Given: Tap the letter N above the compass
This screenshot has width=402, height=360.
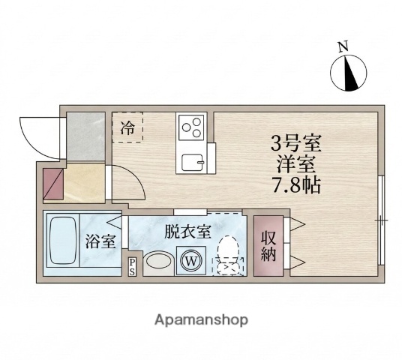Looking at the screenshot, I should (343, 46).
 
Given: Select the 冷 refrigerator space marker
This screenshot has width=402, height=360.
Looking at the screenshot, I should (127, 127).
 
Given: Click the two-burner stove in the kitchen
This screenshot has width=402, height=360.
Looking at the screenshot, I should (190, 125).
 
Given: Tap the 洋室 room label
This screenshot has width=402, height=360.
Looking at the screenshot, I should (296, 163).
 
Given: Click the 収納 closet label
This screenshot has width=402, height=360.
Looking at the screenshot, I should (268, 246).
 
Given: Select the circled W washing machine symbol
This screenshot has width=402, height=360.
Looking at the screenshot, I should (190, 262).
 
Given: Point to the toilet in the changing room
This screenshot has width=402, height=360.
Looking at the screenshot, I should (227, 251).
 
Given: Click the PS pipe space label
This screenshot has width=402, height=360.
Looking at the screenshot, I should (132, 267).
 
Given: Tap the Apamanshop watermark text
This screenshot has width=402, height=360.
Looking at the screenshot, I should (200, 319).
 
